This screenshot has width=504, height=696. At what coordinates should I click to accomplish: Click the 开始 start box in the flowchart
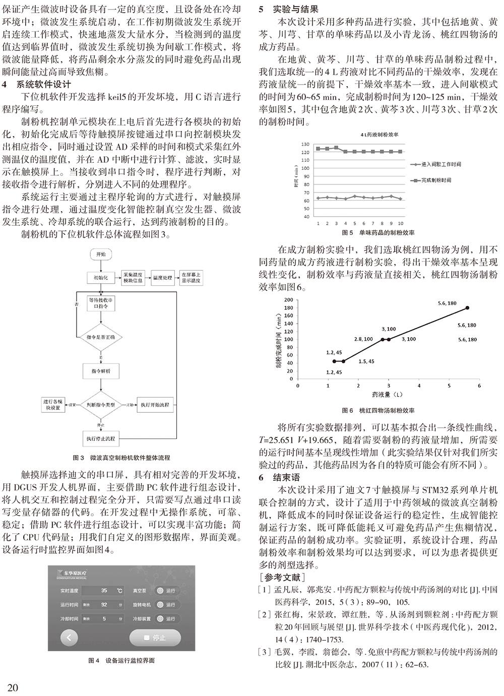101,254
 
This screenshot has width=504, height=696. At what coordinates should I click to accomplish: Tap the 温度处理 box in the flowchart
162,278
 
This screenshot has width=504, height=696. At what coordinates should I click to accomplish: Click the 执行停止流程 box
101,438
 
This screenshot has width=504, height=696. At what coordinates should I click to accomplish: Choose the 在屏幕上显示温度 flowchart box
193,278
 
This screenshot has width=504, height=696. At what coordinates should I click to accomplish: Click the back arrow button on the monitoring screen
69,638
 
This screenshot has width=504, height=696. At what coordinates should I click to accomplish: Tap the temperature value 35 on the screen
104,590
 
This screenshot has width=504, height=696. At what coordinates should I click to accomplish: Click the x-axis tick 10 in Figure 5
400,223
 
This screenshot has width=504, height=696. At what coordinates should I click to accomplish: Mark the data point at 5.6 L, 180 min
467,307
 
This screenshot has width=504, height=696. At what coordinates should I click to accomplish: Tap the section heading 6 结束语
277,477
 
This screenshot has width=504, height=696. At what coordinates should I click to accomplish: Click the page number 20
14,687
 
